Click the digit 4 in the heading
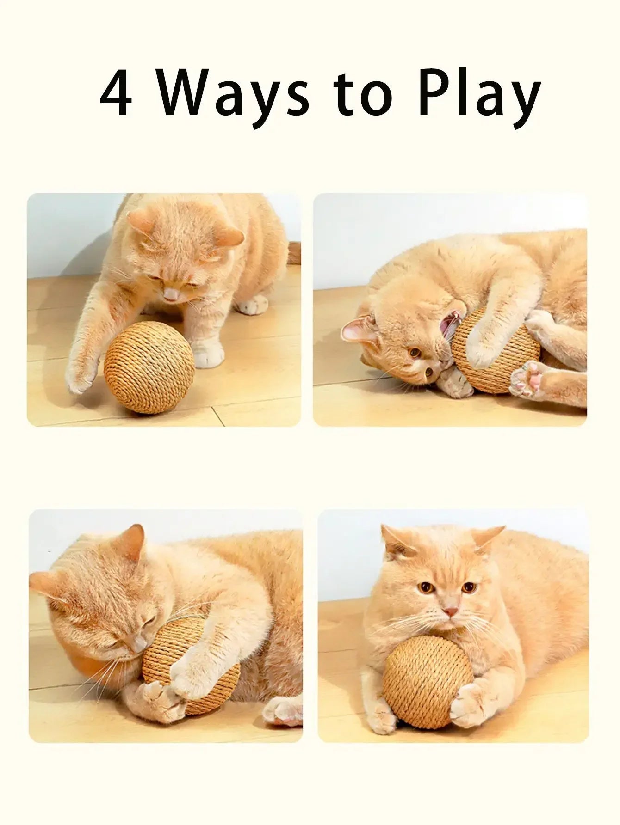pyautogui.click(x=116, y=93)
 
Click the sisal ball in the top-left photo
pyautogui.click(x=149, y=367)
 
